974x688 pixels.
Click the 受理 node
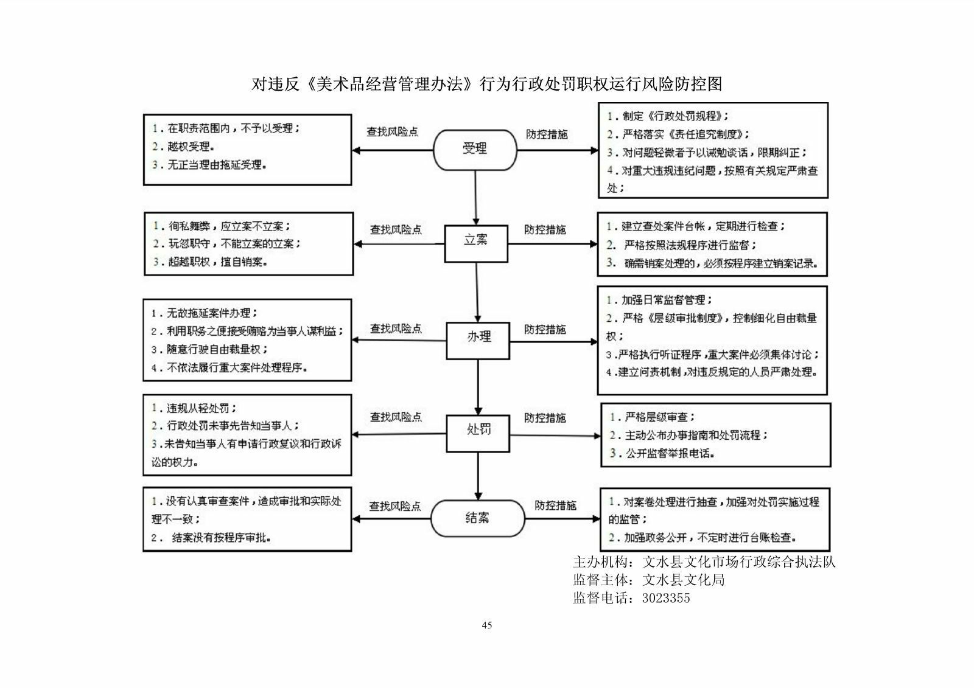[x=475, y=149]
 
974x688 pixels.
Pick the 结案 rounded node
[x=477, y=518]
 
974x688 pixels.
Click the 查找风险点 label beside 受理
[x=392, y=132]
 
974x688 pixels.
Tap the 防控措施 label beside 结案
[x=555, y=506]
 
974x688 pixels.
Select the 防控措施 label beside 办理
[x=545, y=330]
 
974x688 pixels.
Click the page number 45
[x=486, y=625]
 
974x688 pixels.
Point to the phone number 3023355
[x=666, y=598]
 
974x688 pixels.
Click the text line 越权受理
[x=191, y=147]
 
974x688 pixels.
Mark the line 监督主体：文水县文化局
[x=648, y=580]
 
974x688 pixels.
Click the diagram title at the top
[x=487, y=84]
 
